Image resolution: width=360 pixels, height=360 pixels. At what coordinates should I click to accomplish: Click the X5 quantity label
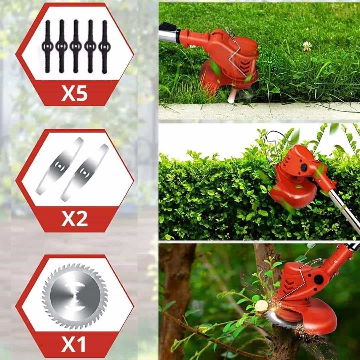pyautogui.click(x=74, y=93)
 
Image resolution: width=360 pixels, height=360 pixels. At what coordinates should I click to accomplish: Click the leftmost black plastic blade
pyautogui.click(x=48, y=46)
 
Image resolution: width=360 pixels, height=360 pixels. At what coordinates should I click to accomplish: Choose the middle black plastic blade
pyautogui.click(x=76, y=46)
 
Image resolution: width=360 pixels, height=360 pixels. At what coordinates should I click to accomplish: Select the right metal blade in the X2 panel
pyautogui.click(x=84, y=173)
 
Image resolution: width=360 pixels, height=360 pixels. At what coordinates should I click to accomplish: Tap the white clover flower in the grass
pyautogui.click(x=307, y=46)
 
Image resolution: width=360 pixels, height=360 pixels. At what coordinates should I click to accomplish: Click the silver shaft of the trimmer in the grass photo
pyautogui.click(x=169, y=34)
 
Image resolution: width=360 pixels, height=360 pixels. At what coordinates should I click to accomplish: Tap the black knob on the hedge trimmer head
pyautogui.click(x=304, y=167)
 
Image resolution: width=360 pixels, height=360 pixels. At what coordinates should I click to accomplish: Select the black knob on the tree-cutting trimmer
pyautogui.click(x=319, y=279)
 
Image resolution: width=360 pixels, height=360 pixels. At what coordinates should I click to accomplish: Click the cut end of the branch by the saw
pyautogui.click(x=261, y=305)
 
